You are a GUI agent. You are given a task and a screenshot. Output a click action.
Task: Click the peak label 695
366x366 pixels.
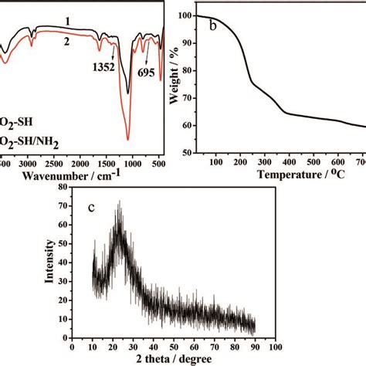point(146,66)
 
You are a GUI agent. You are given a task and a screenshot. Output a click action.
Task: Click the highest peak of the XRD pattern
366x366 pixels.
point(118,202)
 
